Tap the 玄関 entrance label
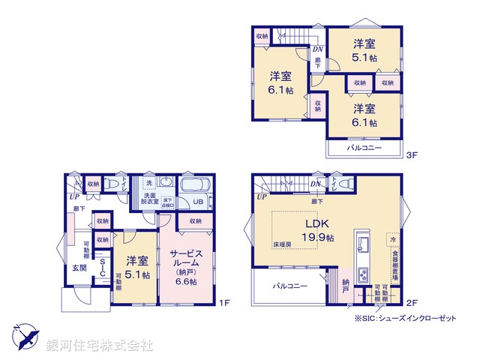pyautogui.click(x=79, y=267)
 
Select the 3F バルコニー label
pyautogui.click(x=364, y=148)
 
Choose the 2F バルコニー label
pyautogui.click(x=287, y=286)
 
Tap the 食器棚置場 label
pyautogui.click(x=394, y=263)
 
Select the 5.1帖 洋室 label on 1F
pyautogui.click(x=136, y=268)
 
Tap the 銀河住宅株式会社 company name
pyautogui.click(x=99, y=346)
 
